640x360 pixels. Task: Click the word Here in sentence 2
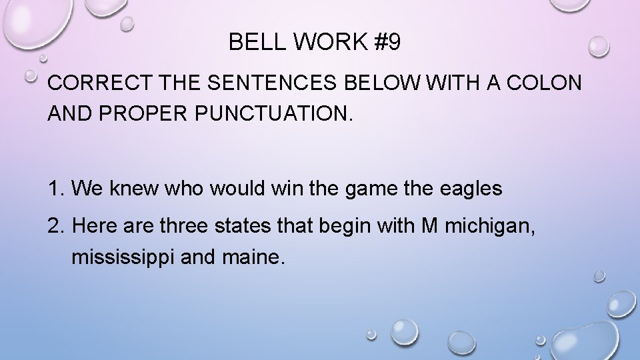coord(91,228)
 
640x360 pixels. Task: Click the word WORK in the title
coord(323,43)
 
